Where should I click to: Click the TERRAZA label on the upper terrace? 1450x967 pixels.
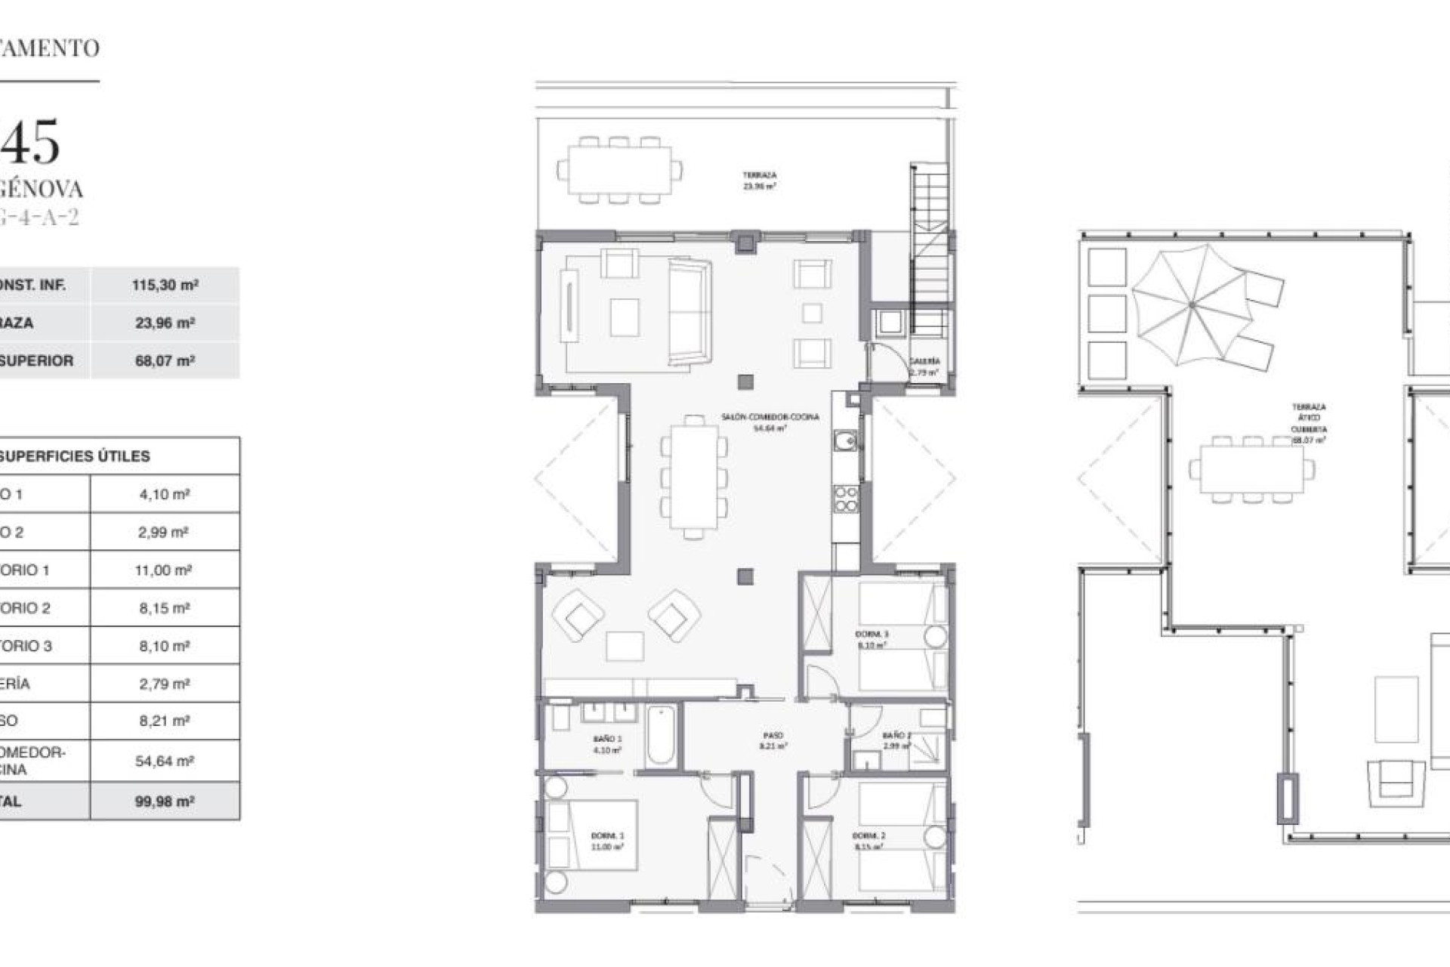pyautogui.click(x=759, y=175)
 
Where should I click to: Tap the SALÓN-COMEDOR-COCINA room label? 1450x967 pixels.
pyautogui.click(x=770, y=417)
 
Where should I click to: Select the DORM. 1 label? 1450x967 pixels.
pyautogui.click(x=607, y=836)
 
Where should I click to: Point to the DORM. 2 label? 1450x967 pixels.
pyautogui.click(x=868, y=836)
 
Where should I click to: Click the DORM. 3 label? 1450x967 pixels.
pyautogui.click(x=872, y=635)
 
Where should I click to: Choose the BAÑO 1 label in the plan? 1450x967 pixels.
pyautogui.click(x=607, y=739)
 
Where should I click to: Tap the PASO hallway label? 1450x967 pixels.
pyautogui.click(x=773, y=735)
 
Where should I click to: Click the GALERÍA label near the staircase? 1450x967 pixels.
pyautogui.click(x=924, y=361)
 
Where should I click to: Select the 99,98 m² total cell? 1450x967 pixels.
pyautogui.click(x=165, y=802)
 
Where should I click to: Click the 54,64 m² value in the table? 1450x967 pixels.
pyautogui.click(x=165, y=762)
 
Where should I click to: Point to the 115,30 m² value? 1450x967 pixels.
pyautogui.click(x=165, y=286)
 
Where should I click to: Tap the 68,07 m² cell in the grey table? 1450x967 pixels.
pyautogui.click(x=165, y=361)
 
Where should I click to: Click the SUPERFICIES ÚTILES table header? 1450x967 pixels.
pyautogui.click(x=75, y=456)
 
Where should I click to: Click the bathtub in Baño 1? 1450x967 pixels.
pyautogui.click(x=659, y=735)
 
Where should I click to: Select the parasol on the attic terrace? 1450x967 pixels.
pyautogui.click(x=1191, y=305)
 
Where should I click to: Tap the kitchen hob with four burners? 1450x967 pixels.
pyautogui.click(x=846, y=499)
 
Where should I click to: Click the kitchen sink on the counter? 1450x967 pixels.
pyautogui.click(x=846, y=440)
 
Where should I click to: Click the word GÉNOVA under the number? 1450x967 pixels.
pyautogui.click(x=42, y=188)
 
